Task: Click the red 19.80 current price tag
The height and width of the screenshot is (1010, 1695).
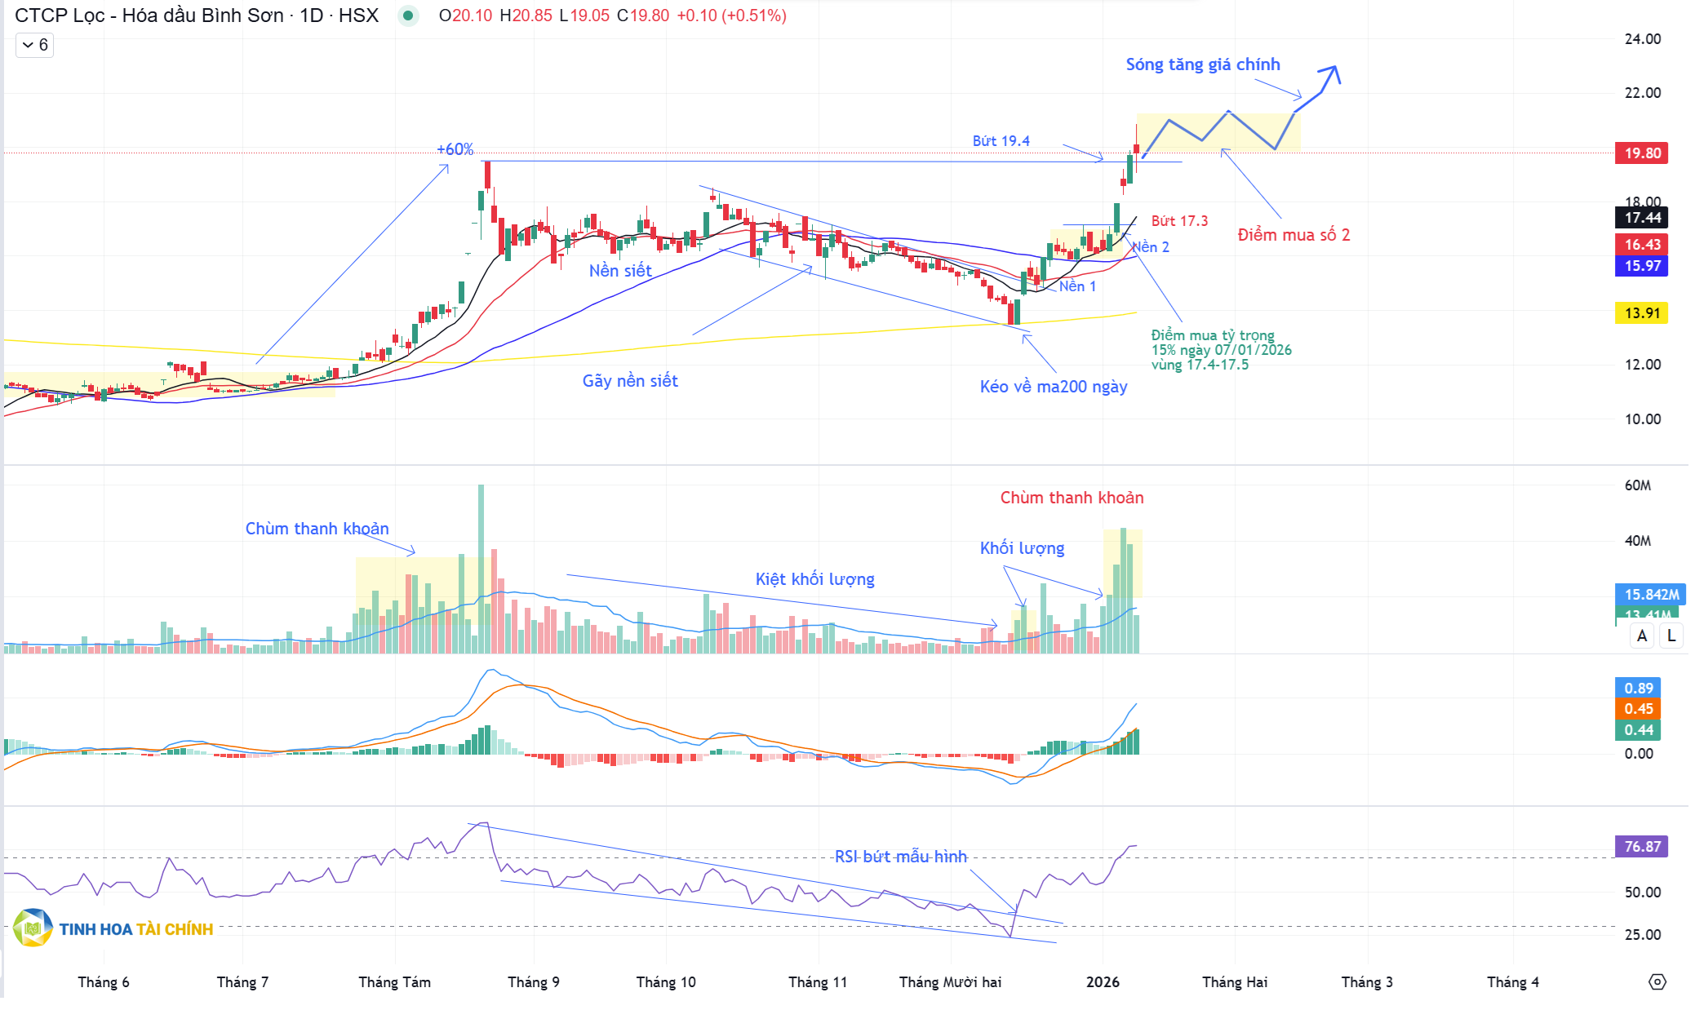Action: tap(1641, 153)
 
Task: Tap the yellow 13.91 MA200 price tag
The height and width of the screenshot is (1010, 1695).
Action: tap(1641, 313)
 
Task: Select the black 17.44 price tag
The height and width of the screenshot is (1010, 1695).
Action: tap(1641, 218)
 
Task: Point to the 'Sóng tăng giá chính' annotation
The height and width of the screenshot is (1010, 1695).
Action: tap(1202, 64)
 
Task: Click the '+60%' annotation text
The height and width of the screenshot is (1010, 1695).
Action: tap(455, 149)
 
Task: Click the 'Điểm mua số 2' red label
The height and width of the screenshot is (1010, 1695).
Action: tap(1293, 235)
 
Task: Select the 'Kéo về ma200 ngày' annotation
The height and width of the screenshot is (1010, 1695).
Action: tap(1053, 387)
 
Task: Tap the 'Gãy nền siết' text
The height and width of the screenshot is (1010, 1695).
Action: tap(630, 381)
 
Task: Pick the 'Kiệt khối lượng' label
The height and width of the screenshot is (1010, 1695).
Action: tap(814, 579)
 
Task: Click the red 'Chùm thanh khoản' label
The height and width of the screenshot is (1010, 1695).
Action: tap(1072, 498)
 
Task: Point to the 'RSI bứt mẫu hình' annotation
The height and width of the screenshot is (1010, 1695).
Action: tap(900, 857)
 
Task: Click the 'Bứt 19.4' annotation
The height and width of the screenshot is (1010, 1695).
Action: tap(1001, 141)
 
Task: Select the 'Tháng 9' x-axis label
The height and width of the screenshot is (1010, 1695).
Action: tap(534, 982)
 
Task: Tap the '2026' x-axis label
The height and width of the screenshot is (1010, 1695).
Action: tap(1103, 982)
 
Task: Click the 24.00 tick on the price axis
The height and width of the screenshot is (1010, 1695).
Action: tap(1642, 39)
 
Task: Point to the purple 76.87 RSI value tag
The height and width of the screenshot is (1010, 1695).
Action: tap(1641, 847)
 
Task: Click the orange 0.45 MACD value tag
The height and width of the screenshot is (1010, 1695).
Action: tap(1638, 709)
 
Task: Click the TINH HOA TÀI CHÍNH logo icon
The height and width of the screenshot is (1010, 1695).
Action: tap(33, 928)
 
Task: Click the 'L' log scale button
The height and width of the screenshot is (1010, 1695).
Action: tap(1671, 636)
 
